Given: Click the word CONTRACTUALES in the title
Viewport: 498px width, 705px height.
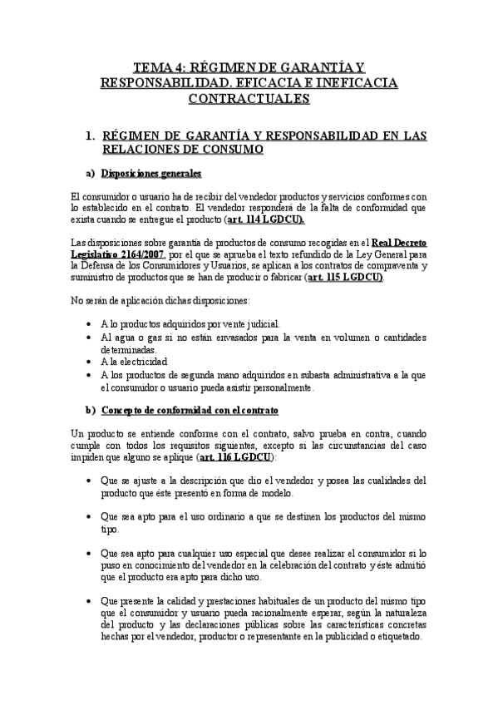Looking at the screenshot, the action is tap(249, 99).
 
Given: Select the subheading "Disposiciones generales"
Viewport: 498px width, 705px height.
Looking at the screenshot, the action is tap(151, 175).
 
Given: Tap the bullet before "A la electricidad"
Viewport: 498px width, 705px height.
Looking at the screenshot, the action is tap(90, 362).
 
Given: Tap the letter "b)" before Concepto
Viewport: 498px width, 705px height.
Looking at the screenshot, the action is tap(91, 411).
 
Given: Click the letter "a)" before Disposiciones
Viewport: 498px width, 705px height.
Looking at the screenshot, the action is tap(91, 175).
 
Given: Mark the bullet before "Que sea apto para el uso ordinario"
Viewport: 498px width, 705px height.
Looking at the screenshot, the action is tap(90, 516).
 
